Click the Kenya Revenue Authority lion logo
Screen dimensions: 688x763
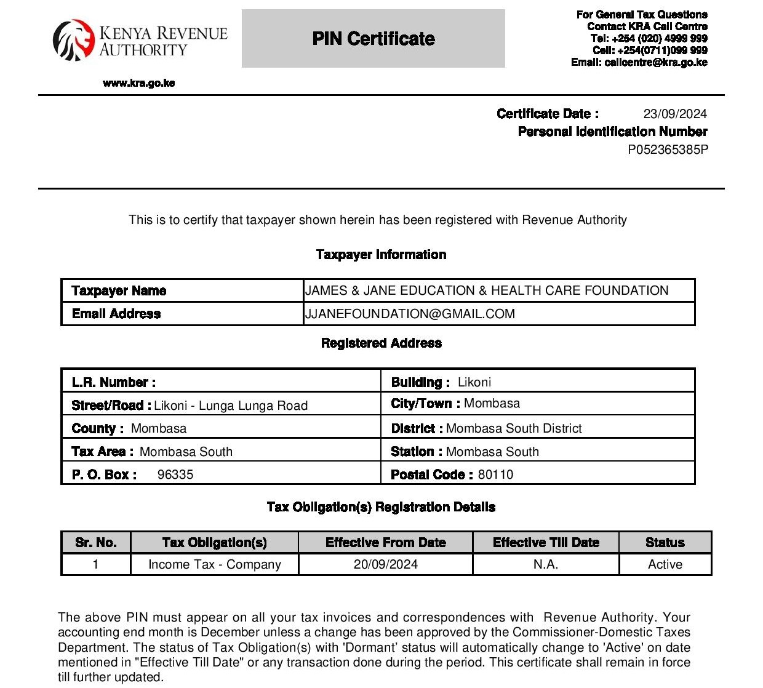pos(73,41)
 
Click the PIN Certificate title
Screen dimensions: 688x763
pos(373,39)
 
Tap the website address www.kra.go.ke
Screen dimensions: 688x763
pos(139,83)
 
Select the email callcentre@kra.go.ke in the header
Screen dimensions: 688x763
pos(655,62)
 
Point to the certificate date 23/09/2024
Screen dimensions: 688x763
pos(675,114)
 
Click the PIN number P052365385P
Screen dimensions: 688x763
pos(668,150)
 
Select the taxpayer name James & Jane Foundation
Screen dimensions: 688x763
pos(487,290)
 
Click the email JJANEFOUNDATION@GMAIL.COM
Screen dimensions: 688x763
pos(410,314)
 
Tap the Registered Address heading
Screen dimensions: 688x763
pos(381,343)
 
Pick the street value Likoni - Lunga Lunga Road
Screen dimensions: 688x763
pos(231,406)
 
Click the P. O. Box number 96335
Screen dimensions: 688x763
pos(175,474)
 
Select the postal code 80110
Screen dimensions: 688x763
pos(495,474)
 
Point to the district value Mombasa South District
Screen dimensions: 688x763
pos(514,428)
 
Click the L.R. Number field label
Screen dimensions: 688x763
pos(114,382)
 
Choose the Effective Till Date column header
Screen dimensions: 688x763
pos(546,542)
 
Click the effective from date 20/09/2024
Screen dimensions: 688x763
pos(386,564)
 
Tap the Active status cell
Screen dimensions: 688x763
pos(665,564)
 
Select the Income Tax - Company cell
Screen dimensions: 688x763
pos(215,564)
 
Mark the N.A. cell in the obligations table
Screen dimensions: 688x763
pos(546,564)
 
